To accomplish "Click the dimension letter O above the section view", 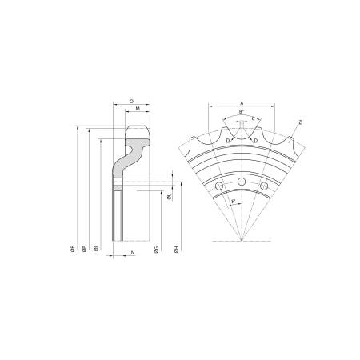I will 130,102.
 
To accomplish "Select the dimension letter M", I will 138,108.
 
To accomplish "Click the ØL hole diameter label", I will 169,196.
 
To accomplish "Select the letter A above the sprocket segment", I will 241,102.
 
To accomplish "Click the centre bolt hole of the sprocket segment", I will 241,182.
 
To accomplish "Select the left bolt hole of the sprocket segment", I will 218,187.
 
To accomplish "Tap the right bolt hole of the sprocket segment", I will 265,187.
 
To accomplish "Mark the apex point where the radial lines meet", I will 241,240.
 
